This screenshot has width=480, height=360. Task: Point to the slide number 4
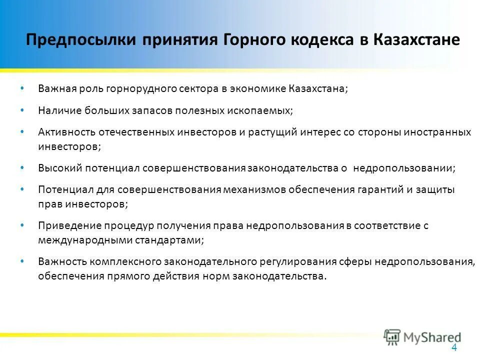click(454, 348)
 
